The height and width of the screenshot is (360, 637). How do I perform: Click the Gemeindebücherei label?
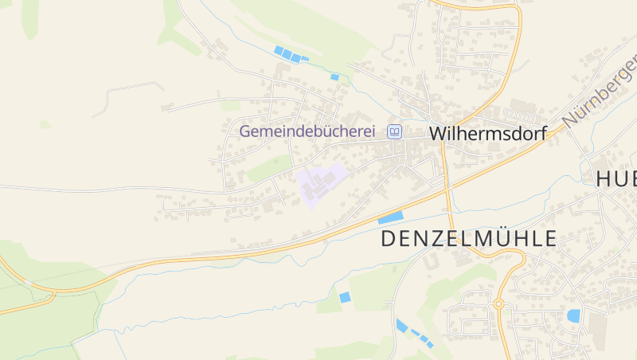[307, 131]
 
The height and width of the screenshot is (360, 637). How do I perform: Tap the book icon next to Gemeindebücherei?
[394, 131]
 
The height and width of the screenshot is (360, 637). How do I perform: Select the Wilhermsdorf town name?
[487, 134]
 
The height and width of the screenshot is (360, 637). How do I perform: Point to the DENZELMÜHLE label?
[468, 238]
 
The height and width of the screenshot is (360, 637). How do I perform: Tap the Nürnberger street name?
[601, 88]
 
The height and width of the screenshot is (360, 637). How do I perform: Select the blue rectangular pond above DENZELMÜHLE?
[390, 217]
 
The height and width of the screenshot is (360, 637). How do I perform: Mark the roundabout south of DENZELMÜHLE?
[498, 303]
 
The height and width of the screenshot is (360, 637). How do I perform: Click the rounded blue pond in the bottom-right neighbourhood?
[573, 315]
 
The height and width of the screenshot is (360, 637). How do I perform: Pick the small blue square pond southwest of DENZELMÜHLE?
[345, 297]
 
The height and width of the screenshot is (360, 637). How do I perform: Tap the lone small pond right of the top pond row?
[334, 77]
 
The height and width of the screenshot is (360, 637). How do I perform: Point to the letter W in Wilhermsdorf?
[437, 134]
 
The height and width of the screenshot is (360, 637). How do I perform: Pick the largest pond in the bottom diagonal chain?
[402, 325]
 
